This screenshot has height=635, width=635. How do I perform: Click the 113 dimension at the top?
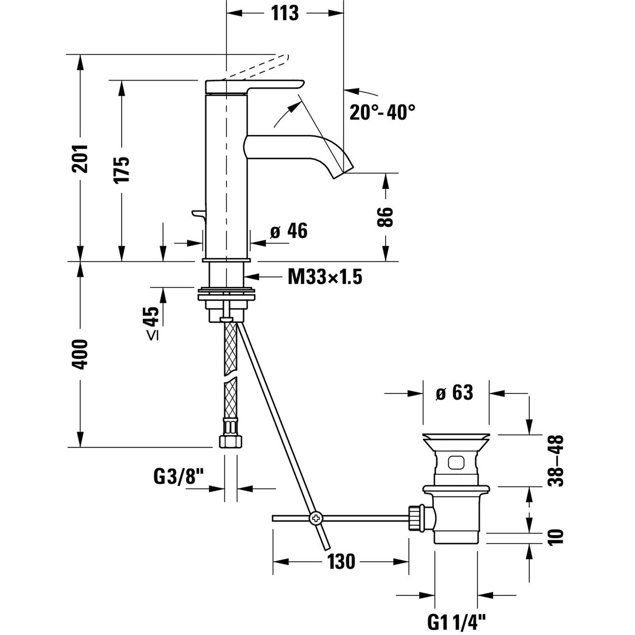point(285,12)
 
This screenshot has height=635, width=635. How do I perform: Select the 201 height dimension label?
point(80,158)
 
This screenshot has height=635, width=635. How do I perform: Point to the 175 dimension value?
point(122,169)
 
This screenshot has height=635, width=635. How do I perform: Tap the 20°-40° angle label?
point(383,112)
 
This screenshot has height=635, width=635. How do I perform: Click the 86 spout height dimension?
point(385,217)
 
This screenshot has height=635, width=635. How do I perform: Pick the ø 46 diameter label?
point(289,231)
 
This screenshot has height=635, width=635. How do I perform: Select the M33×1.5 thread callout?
point(324,277)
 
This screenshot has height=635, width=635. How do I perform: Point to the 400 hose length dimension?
point(80,354)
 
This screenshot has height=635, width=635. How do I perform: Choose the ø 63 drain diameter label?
point(455,392)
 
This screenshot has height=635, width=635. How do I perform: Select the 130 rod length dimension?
point(342,562)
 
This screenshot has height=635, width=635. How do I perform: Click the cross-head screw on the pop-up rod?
point(316,518)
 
